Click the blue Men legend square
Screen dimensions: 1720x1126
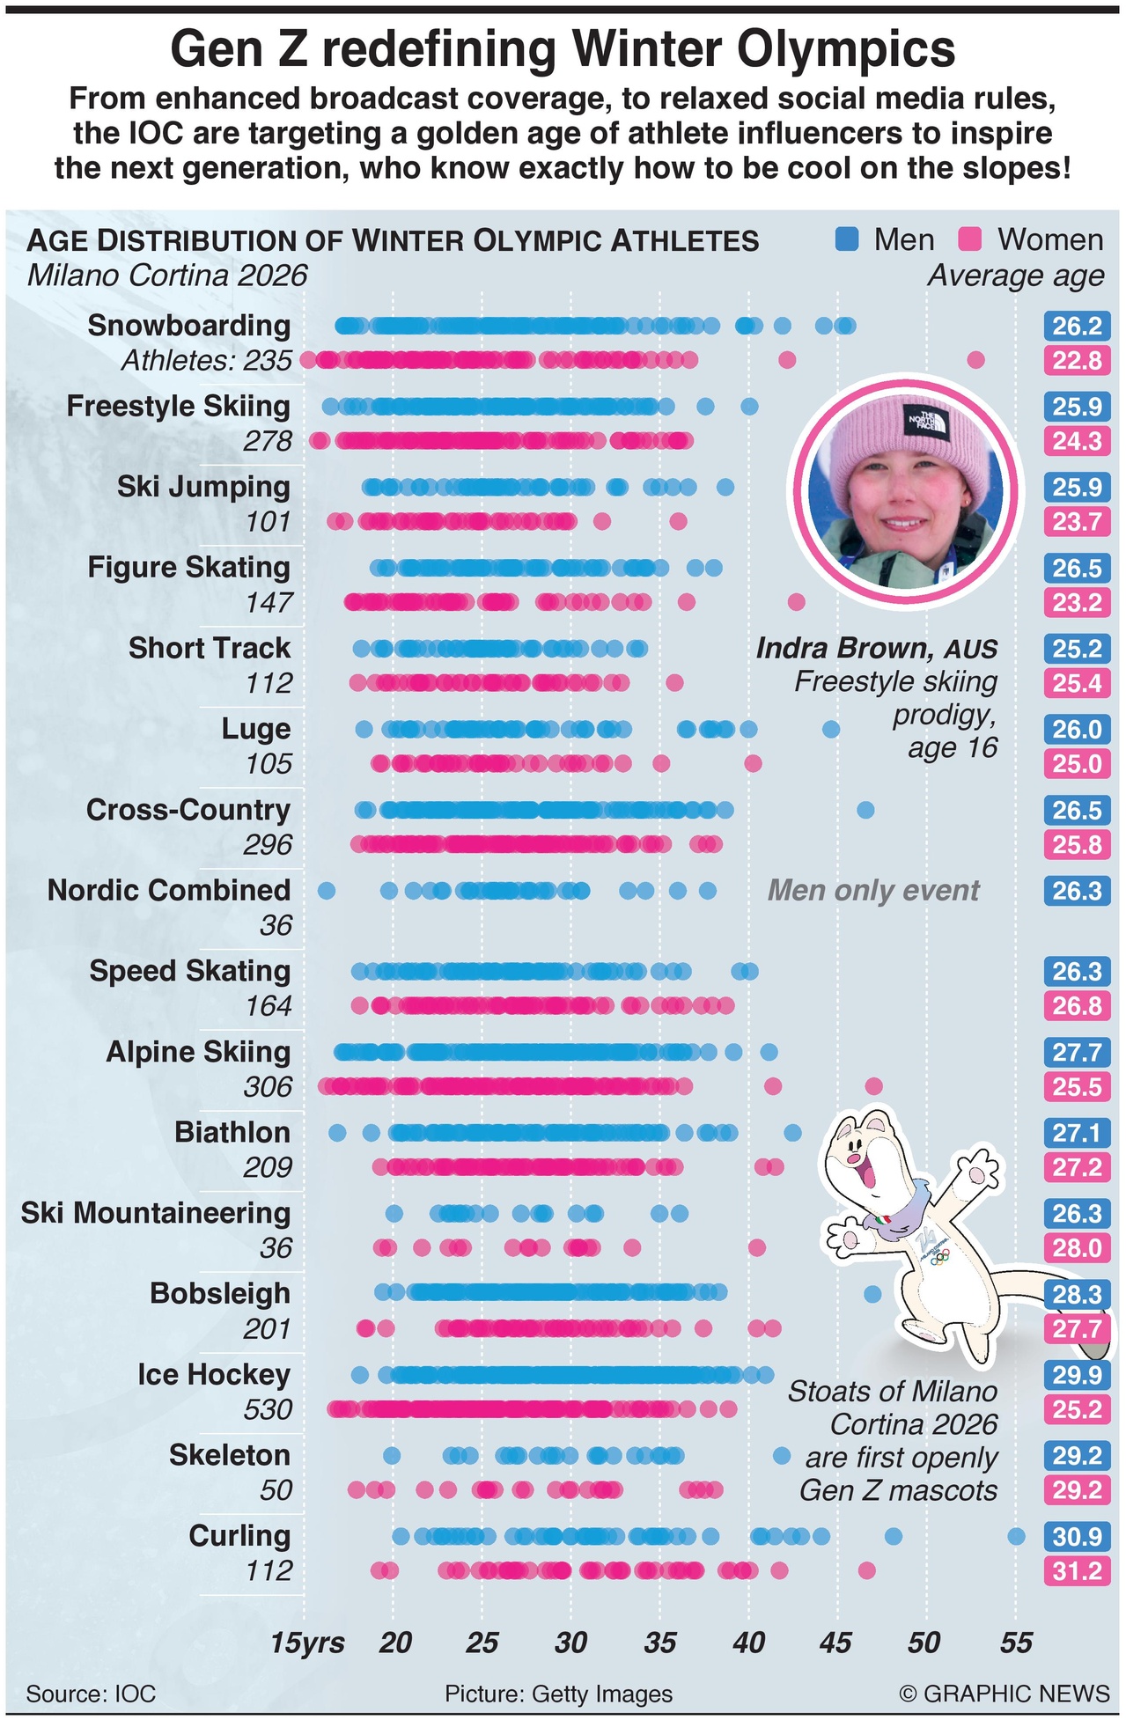[x=846, y=239]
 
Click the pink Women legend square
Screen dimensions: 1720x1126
[x=969, y=239]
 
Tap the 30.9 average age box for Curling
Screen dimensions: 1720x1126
[x=1077, y=1536]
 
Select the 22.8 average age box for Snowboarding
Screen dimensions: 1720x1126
[x=1077, y=360]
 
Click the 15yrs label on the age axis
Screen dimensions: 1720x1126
[x=307, y=1642]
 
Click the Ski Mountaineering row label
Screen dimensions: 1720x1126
[x=156, y=1212]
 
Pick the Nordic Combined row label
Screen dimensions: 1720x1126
[x=169, y=890]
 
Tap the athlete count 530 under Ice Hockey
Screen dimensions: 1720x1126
[x=268, y=1409]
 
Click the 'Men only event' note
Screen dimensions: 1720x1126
[x=873, y=890]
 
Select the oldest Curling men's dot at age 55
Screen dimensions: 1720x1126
[x=1016, y=1536]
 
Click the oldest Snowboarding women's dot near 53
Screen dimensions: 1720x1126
[x=975, y=359]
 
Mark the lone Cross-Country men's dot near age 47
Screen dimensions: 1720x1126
[x=865, y=810]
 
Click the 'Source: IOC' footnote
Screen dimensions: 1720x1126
[x=91, y=1693]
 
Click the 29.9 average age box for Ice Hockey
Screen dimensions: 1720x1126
[x=1077, y=1374]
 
